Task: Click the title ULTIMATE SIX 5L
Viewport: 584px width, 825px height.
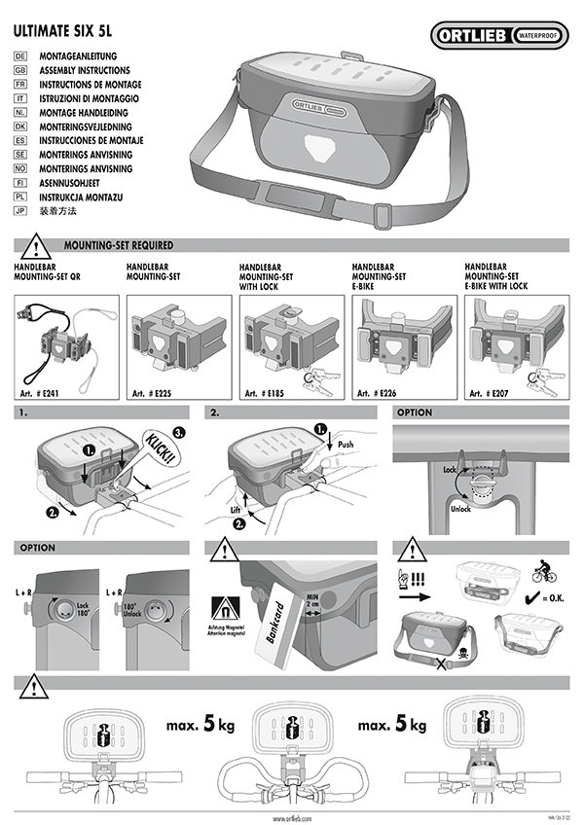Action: [61, 30]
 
